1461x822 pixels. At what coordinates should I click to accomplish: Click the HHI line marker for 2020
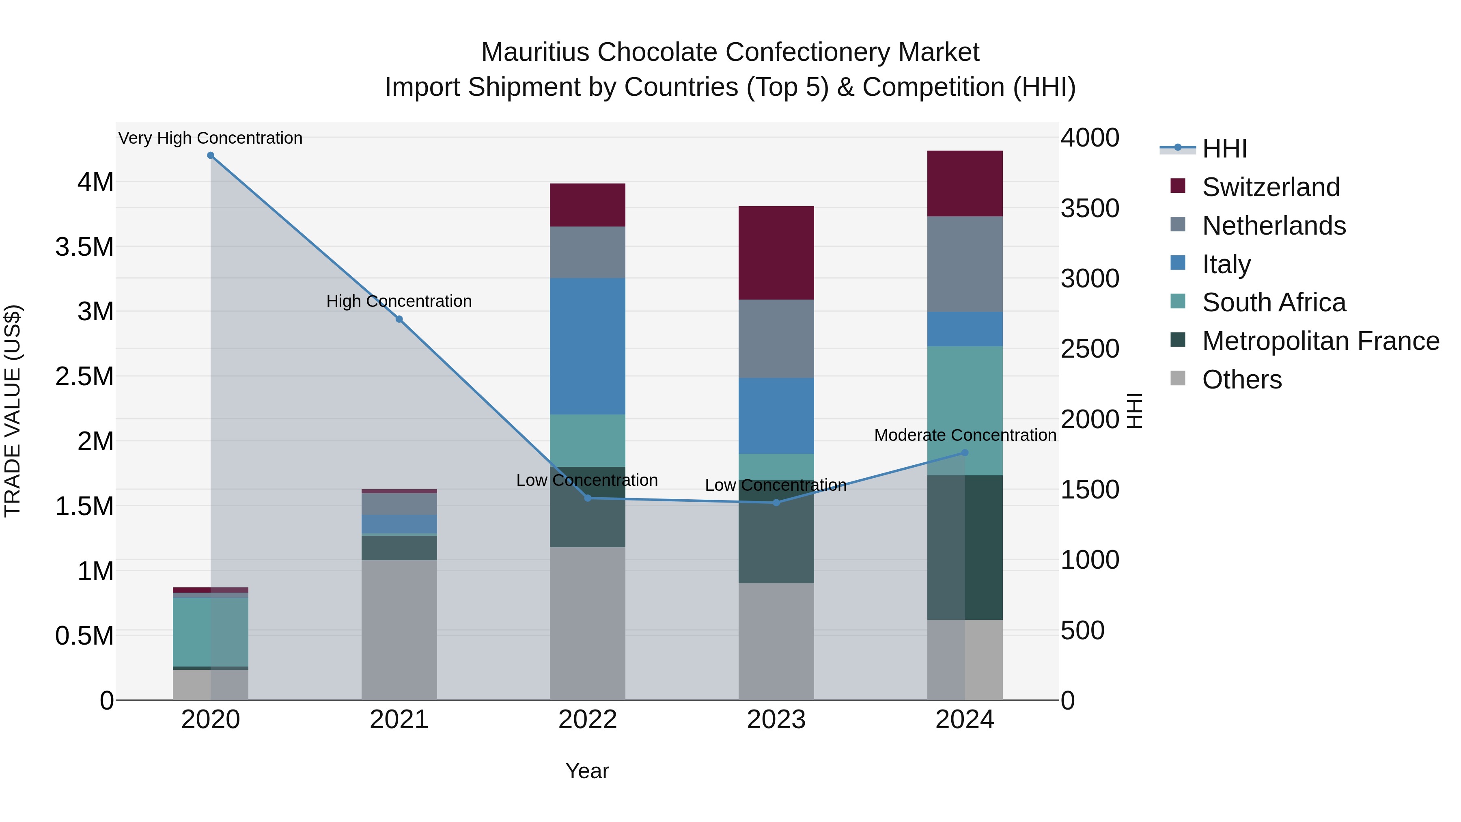click(x=210, y=155)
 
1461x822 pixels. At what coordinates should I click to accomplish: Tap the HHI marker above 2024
click(x=965, y=453)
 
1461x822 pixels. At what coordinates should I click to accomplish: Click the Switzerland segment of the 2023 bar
click(x=776, y=253)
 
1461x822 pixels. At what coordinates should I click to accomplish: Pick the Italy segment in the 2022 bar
click(x=588, y=346)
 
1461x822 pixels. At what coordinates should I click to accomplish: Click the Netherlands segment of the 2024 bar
click(x=965, y=264)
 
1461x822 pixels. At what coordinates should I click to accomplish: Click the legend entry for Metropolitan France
click(x=1320, y=341)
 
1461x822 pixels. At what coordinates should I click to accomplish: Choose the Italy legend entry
click(x=1226, y=264)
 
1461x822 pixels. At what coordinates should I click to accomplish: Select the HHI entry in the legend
click(x=1224, y=149)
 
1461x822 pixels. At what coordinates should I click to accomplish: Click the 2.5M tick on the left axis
click(x=84, y=377)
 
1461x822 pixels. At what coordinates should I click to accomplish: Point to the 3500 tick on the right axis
click(x=1090, y=208)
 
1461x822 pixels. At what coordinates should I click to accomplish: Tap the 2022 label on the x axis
click(x=588, y=720)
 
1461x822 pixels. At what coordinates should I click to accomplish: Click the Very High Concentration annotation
click(x=210, y=138)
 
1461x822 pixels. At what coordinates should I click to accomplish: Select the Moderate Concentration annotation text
click(x=965, y=435)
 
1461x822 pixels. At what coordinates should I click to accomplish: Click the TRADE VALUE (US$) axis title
click(x=13, y=411)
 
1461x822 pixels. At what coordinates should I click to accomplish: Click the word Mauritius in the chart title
click(x=535, y=52)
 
